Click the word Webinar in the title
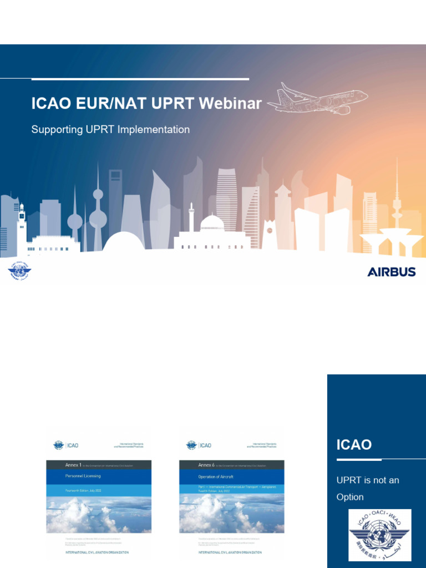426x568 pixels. pyautogui.click(x=230, y=104)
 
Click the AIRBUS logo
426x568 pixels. pyautogui.click(x=391, y=272)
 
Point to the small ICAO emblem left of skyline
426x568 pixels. pyautogui.click(x=19, y=271)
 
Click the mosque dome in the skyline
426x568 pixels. pyautogui.click(x=211, y=223)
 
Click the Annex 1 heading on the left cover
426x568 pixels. pyautogui.click(x=74, y=465)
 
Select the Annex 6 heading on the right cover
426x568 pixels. pyautogui.click(x=207, y=465)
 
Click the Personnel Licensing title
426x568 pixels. pyautogui.click(x=83, y=476)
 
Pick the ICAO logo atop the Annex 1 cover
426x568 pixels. pyautogui.click(x=67, y=445)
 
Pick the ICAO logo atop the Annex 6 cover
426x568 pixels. pyautogui.click(x=200, y=445)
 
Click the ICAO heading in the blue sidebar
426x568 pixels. pyautogui.click(x=354, y=445)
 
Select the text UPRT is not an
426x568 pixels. pyautogui.click(x=368, y=480)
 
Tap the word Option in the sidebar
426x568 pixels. pyautogui.click(x=350, y=497)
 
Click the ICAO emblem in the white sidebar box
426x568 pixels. pyautogui.click(x=379, y=535)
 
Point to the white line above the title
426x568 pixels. pyautogui.click(x=140, y=79)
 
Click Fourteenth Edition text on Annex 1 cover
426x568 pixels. pyautogui.click(x=83, y=490)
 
